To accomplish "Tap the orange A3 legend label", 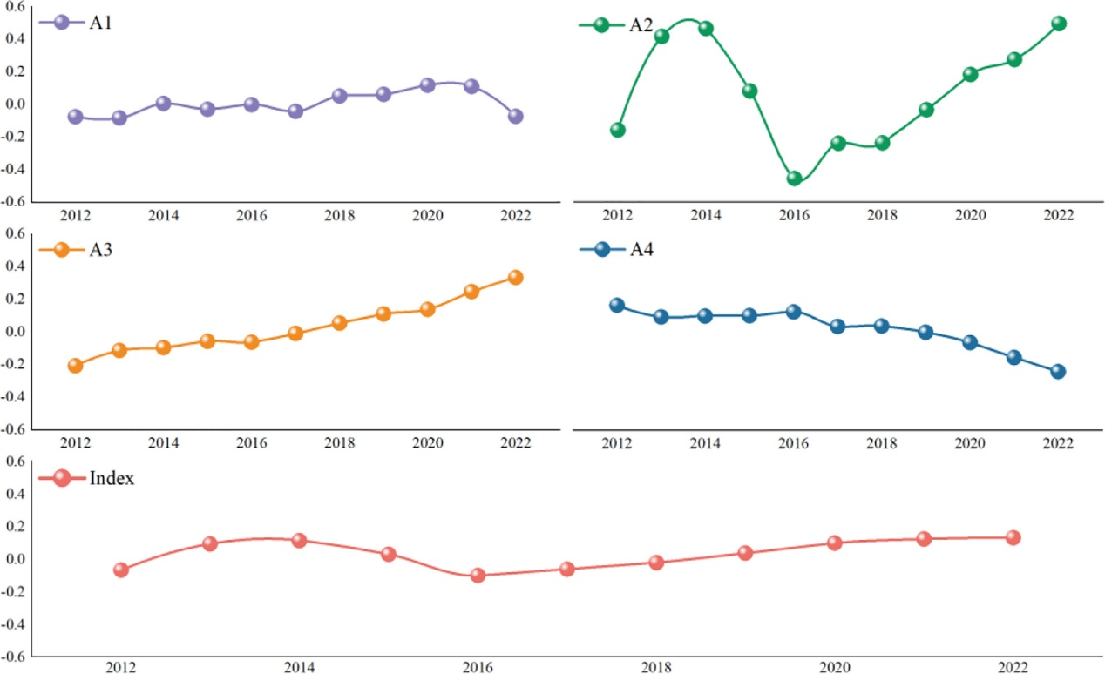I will (x=101, y=250).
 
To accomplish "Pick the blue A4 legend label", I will (x=641, y=250).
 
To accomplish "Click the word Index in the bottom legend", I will (x=112, y=478).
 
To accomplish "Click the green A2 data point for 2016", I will (x=794, y=179).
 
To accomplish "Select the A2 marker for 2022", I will (x=1059, y=24).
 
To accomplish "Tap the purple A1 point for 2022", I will (x=515, y=116).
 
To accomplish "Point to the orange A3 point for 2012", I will (x=76, y=366).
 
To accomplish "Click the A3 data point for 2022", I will (x=515, y=277).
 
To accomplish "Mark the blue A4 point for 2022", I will (x=1059, y=371).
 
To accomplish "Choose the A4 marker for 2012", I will (x=618, y=305).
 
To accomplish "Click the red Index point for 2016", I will (x=478, y=576).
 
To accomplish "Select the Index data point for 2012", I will (x=121, y=570).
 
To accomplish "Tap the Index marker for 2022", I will (x=1013, y=537).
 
